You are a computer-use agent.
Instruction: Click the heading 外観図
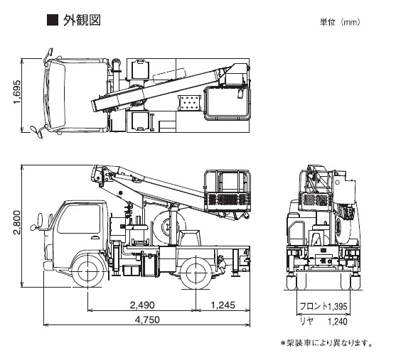82,20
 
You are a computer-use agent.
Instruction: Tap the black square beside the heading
53,20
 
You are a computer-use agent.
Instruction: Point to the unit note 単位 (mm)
340,22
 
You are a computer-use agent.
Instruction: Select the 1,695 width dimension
17,92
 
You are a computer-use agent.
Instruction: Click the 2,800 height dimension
17,222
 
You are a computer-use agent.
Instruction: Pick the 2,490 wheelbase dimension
142,305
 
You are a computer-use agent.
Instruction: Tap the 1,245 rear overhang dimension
223,305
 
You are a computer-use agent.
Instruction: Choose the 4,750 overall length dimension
147,320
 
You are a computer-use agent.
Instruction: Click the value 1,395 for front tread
338,307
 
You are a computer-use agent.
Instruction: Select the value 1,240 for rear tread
338,322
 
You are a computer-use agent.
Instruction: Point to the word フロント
314,307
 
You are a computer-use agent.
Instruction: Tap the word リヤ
306,322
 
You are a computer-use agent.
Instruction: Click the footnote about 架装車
326,343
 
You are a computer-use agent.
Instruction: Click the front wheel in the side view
87,271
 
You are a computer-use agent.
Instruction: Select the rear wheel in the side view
196,271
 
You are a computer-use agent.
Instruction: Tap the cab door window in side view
79,219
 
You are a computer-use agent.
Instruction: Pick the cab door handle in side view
95,237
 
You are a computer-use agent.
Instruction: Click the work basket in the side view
227,191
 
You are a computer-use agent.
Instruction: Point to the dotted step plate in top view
189,103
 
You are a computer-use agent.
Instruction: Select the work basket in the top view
227,103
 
